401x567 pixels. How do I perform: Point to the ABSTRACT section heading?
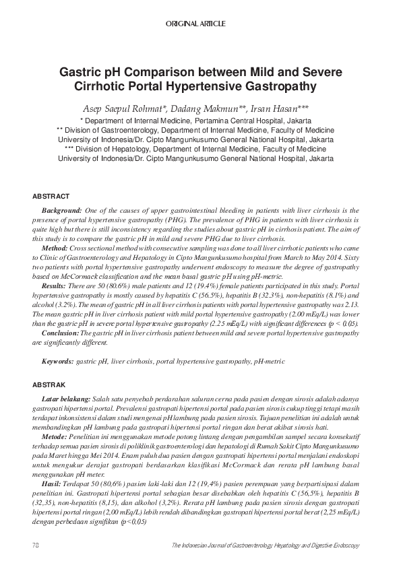[51, 196]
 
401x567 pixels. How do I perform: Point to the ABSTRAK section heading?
[49, 385]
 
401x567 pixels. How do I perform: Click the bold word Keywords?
[57, 362]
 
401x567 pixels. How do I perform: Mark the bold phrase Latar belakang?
[66, 399]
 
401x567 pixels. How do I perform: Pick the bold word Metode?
[54, 437]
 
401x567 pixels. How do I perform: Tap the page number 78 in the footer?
[36, 544]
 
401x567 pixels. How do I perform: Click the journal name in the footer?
[266, 544]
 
